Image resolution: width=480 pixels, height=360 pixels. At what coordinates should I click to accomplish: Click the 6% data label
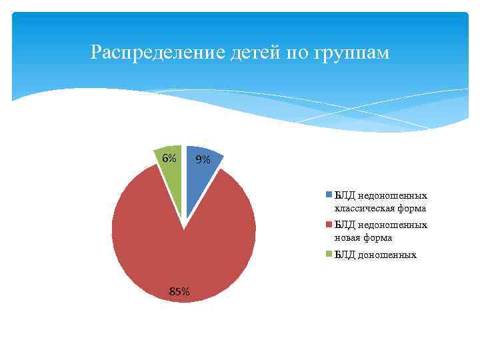tap(169, 159)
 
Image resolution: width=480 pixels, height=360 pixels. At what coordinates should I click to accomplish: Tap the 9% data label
tap(202, 160)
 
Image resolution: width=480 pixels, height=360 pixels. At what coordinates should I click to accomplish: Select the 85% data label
tap(179, 291)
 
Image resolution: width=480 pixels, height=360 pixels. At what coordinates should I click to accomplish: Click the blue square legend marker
tap(329, 195)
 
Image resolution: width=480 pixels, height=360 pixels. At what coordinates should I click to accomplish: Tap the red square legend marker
tap(329, 225)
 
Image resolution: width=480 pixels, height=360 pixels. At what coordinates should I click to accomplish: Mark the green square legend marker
tap(329, 255)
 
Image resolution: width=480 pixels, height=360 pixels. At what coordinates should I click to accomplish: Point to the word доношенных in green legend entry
tap(387, 255)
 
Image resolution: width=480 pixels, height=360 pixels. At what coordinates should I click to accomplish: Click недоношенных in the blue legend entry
tap(392, 196)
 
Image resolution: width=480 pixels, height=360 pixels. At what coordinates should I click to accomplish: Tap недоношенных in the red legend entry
tap(392, 225)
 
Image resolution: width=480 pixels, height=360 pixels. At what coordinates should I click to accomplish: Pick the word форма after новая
tap(379, 237)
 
